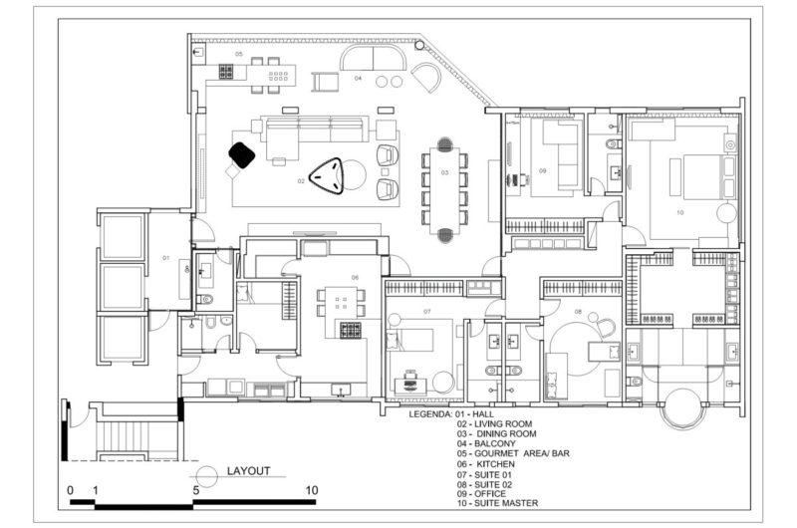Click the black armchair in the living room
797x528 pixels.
pyautogui.click(x=242, y=154)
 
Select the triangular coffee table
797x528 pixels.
pyautogui.click(x=329, y=176)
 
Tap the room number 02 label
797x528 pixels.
pyautogui.click(x=301, y=181)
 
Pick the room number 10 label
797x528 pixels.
pyautogui.click(x=680, y=212)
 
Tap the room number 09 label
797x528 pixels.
pyautogui.click(x=544, y=171)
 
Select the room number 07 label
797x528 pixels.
pyautogui.click(x=426, y=312)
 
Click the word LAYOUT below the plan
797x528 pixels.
pyautogui.click(x=249, y=471)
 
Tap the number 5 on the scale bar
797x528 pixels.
pyautogui.click(x=196, y=490)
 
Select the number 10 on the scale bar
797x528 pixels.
pyautogui.click(x=312, y=490)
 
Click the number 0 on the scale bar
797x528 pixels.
pyautogui.click(x=70, y=490)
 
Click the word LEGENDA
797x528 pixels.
pyautogui.click(x=430, y=412)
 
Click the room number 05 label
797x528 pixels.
pyautogui.click(x=239, y=53)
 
